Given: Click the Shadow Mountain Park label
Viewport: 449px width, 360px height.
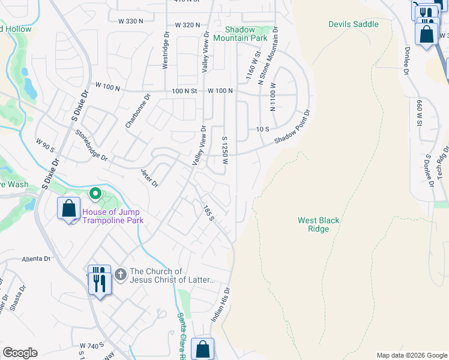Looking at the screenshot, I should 246,34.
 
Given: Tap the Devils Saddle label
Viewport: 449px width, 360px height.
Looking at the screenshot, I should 354,24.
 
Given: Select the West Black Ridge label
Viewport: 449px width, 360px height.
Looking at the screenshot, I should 318,224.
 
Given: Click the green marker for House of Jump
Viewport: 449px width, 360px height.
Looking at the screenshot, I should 95,194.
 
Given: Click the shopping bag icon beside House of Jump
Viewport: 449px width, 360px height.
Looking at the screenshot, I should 69,209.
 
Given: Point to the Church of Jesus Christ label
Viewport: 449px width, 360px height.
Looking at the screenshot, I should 172,276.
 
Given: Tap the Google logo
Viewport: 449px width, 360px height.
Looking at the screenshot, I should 20,353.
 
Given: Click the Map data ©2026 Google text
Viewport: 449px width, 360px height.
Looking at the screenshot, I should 412,355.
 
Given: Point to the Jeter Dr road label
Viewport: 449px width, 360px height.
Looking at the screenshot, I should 149,177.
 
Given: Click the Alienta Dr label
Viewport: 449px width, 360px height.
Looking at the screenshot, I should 36,259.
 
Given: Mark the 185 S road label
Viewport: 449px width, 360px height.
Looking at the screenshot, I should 208,212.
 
